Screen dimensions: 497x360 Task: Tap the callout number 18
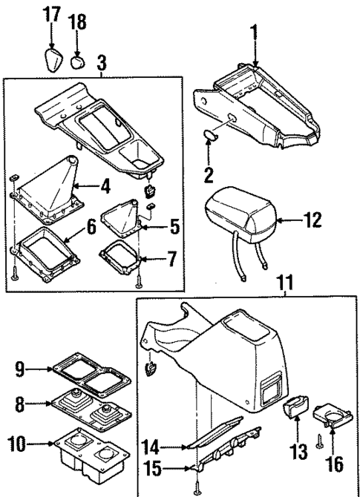point(78,22)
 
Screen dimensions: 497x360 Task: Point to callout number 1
point(255,34)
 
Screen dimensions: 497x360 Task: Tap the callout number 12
point(315,220)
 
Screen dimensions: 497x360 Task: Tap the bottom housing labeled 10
point(89,448)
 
